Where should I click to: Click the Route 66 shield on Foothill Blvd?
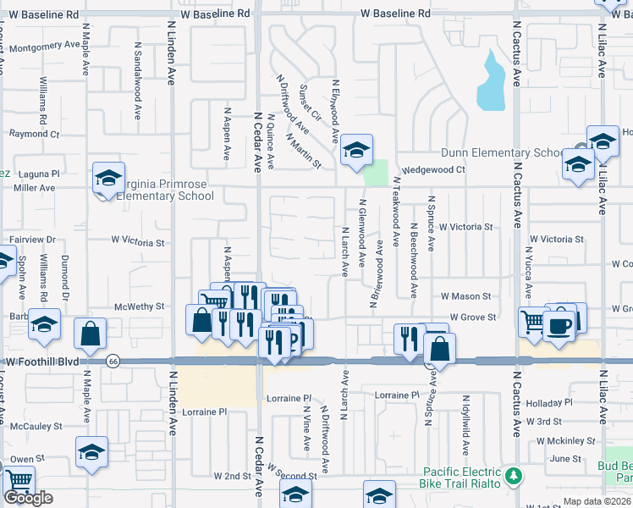point(113,362)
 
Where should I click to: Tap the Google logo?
point(28,498)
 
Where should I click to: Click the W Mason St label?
point(465,296)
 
